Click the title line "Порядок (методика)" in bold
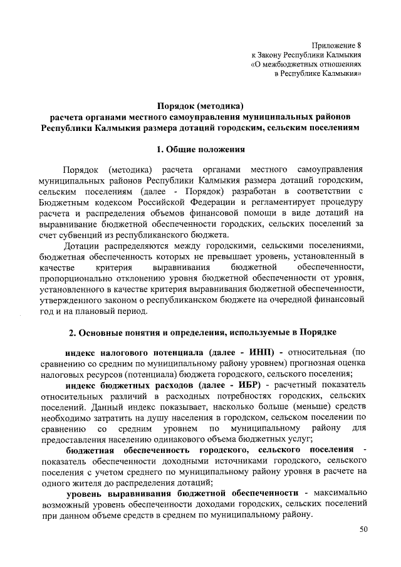click(199, 105)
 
